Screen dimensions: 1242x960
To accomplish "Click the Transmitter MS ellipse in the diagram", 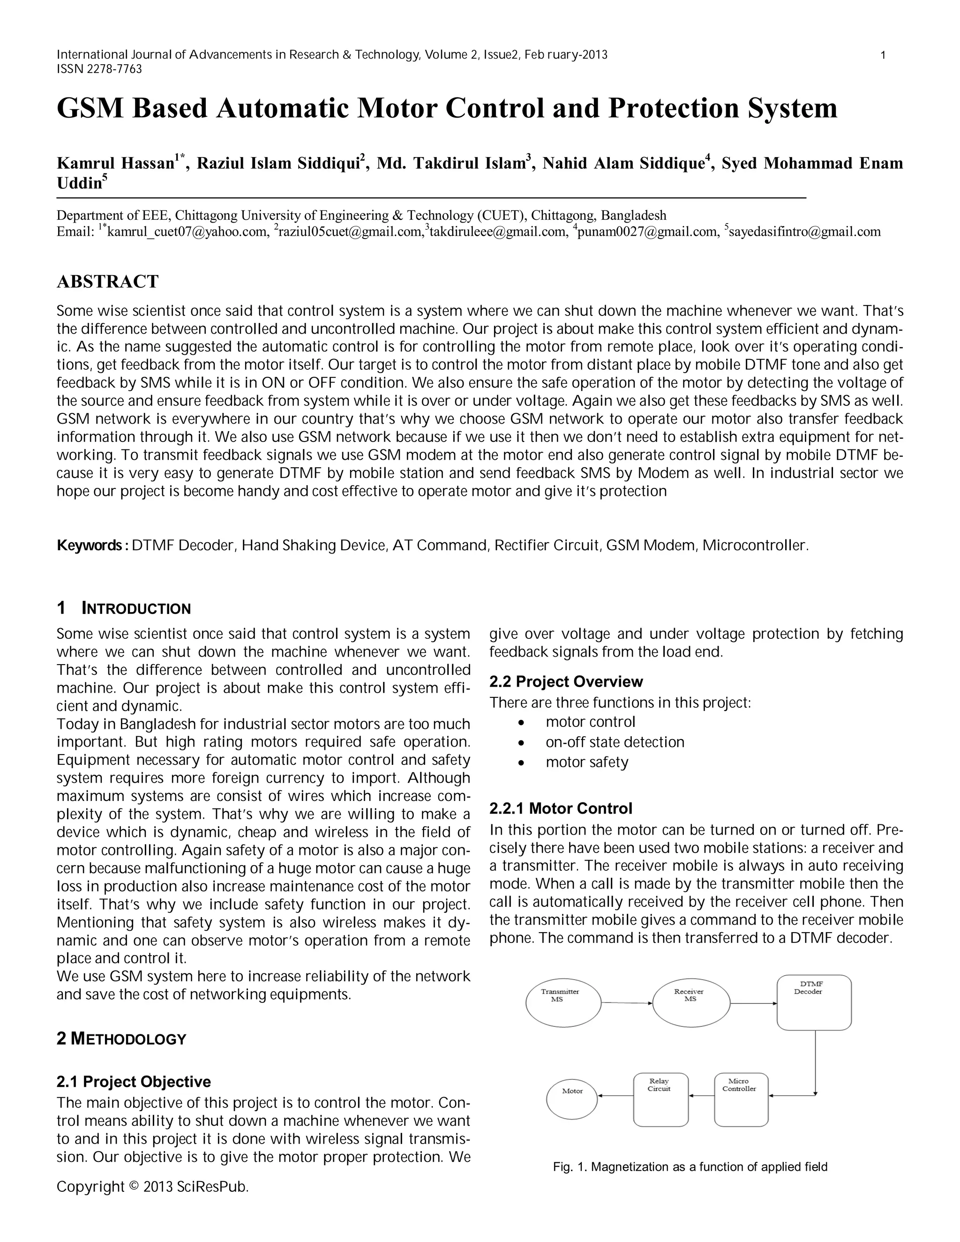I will tap(563, 1003).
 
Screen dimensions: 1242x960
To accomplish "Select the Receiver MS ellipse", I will tap(690, 1003).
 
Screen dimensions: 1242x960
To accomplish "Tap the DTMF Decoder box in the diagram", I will tap(814, 1002).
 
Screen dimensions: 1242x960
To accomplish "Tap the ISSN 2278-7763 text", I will tap(99, 69).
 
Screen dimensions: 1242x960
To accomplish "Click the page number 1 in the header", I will tap(883, 55).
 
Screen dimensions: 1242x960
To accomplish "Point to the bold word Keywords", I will tap(91, 546).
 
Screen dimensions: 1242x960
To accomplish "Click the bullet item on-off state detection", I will tap(615, 742).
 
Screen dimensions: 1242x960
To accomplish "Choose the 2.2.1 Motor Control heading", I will tap(561, 808).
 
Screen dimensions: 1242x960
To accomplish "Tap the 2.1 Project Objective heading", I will tap(134, 1082).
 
